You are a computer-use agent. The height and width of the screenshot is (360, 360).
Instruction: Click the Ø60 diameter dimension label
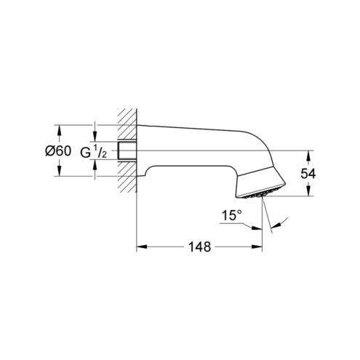(x=58, y=151)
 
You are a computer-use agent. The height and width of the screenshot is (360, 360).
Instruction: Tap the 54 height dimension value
(x=308, y=174)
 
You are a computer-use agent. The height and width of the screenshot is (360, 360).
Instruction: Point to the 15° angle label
(x=232, y=215)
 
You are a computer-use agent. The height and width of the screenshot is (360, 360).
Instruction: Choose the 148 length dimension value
(x=199, y=247)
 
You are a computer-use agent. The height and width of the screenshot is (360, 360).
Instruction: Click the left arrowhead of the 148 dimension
(x=142, y=247)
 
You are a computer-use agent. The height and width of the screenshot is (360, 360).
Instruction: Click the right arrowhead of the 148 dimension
(x=257, y=247)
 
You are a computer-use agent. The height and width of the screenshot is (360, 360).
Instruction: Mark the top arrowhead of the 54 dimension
(x=308, y=156)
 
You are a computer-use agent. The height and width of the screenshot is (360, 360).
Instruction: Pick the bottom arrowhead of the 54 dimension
(x=308, y=191)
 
